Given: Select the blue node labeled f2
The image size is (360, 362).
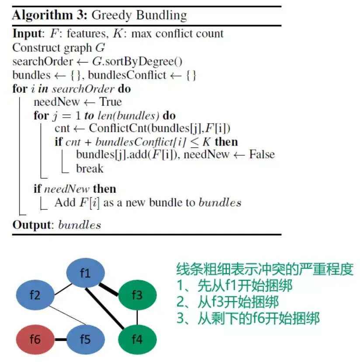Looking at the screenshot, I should [x=35, y=296].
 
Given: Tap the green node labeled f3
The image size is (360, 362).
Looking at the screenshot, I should [x=137, y=296].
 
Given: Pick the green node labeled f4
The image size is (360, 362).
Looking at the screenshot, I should [x=137, y=339].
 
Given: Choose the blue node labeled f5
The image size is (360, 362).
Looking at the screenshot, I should [x=85, y=339].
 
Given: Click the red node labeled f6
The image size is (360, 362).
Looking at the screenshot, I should [x=35, y=339].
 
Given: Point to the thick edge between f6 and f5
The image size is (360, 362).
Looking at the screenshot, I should [x=60, y=339].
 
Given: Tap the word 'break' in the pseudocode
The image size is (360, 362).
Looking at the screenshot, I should [x=90, y=169].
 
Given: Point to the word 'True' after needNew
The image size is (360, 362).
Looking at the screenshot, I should [x=111, y=102].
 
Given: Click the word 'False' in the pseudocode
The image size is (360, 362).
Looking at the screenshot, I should [x=262, y=155].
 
